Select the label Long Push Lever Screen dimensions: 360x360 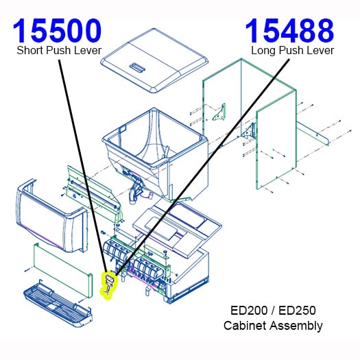point(292,50)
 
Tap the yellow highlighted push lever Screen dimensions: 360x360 point(108,285)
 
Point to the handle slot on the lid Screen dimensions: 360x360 point(136,67)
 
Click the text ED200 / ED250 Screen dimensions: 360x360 point(273,311)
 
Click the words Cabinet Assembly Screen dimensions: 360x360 point(273,325)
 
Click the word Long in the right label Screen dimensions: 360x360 point(264,50)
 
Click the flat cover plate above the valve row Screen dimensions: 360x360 point(171,226)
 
